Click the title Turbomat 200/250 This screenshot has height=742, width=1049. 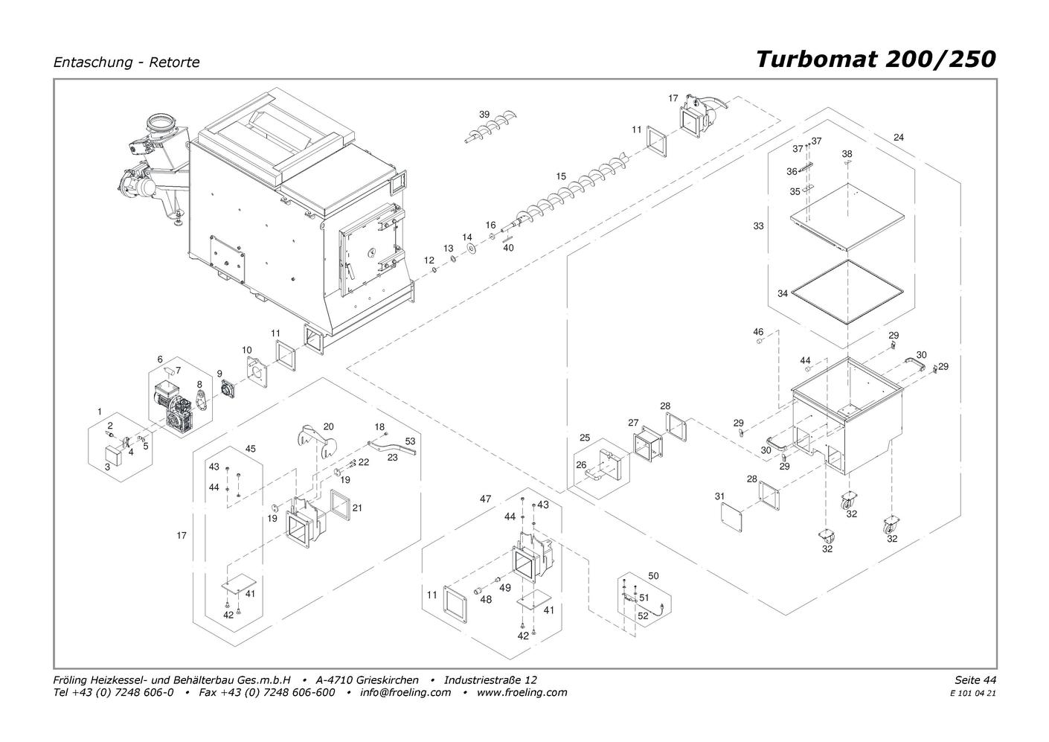pyautogui.click(x=875, y=60)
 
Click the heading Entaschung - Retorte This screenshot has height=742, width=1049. pyautogui.click(x=126, y=63)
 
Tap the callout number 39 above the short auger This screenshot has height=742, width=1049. pyautogui.click(x=484, y=115)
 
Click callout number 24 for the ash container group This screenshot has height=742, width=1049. pyautogui.click(x=898, y=137)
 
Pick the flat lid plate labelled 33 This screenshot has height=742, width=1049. pyautogui.click(x=847, y=217)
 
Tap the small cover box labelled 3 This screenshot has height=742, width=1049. pyautogui.click(x=113, y=455)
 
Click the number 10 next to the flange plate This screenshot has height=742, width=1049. pyautogui.click(x=247, y=350)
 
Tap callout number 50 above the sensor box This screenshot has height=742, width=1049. pyautogui.click(x=653, y=576)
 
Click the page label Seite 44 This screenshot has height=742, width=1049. pyautogui.click(x=975, y=679)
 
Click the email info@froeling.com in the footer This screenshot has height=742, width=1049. pyautogui.click(x=405, y=692)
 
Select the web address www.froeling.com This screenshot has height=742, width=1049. pyautogui.click(x=522, y=692)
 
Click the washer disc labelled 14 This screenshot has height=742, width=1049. pyautogui.click(x=471, y=249)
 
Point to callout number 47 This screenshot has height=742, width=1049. pyautogui.click(x=485, y=499)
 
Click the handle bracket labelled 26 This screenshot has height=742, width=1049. pyautogui.click(x=594, y=476)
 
